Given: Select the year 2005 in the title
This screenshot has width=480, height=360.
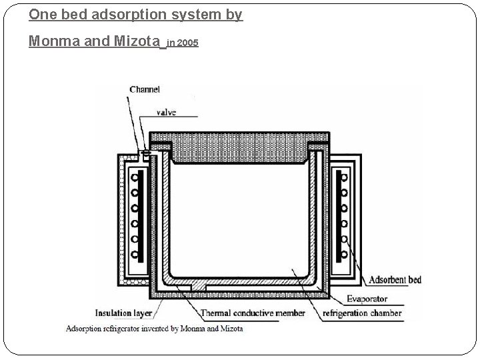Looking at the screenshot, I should click(x=189, y=43).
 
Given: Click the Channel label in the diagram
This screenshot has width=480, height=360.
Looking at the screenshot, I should click(x=144, y=89).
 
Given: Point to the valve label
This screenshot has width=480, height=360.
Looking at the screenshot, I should click(x=166, y=113).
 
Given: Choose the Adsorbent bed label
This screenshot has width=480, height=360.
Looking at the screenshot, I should click(x=395, y=280).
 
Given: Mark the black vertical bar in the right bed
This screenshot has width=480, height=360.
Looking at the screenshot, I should click(x=339, y=215).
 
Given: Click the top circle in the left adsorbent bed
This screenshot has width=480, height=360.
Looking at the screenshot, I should click(x=135, y=178).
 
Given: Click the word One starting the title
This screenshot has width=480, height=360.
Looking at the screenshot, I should click(x=41, y=15).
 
